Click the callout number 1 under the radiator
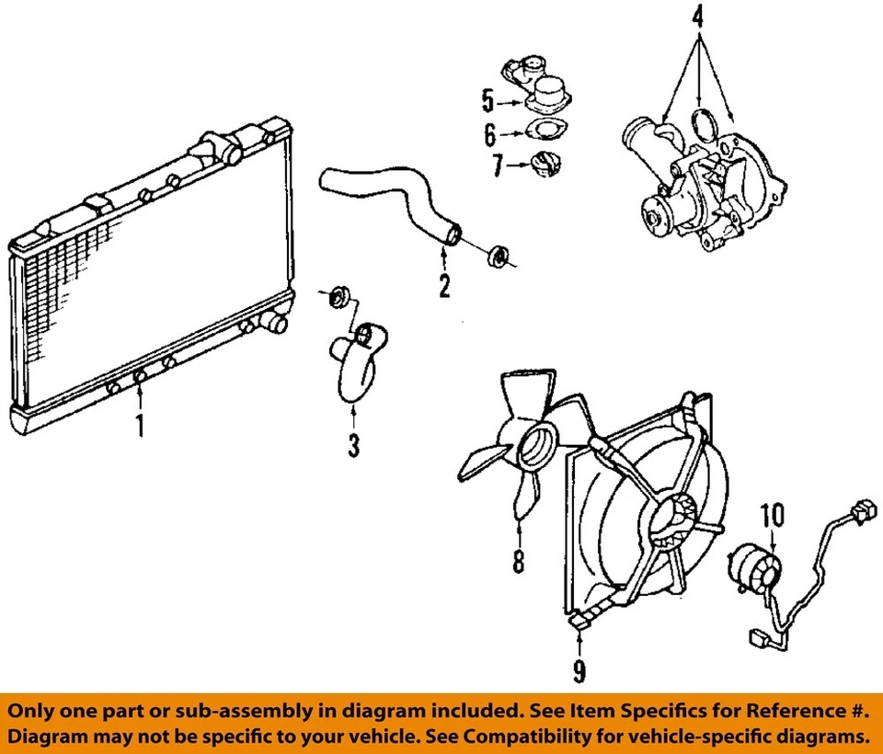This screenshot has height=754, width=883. [140, 426]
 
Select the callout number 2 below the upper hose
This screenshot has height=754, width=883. [444, 286]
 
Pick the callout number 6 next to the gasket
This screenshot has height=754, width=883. [490, 135]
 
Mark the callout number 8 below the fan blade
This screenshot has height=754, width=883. [519, 559]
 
